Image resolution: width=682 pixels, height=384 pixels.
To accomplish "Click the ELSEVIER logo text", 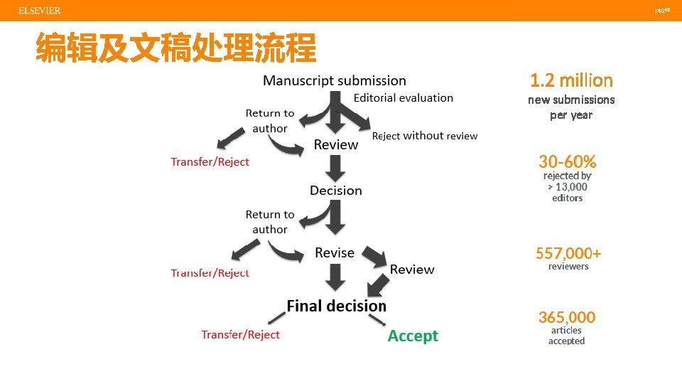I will [x=40, y=11].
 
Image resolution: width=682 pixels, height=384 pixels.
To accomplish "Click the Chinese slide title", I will [x=176, y=48].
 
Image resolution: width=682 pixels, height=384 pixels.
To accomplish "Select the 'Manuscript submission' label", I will [x=335, y=80].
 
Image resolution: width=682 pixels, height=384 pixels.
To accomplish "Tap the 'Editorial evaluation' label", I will [x=403, y=98].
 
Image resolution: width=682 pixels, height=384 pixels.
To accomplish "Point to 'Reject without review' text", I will [x=425, y=136].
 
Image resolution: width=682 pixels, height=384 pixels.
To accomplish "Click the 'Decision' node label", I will [x=336, y=191].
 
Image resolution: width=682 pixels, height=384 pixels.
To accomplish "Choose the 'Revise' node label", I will [x=335, y=253].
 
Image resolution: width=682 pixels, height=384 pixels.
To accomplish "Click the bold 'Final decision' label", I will [x=336, y=306].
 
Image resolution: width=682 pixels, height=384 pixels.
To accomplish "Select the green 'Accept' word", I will [x=413, y=336].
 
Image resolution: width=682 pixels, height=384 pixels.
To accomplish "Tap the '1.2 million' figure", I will [x=571, y=80].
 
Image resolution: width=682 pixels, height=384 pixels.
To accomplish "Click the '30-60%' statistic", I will [x=567, y=161].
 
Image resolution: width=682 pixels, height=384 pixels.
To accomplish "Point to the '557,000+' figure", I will [x=568, y=252].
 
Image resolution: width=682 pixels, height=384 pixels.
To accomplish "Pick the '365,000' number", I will [x=567, y=317].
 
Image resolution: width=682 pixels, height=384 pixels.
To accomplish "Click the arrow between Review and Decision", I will [x=336, y=169].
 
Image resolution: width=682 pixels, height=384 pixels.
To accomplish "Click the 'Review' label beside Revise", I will [x=412, y=270].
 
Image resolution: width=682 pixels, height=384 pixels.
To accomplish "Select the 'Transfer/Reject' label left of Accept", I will [x=240, y=335].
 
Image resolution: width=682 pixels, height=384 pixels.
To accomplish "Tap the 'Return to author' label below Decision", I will [x=270, y=222].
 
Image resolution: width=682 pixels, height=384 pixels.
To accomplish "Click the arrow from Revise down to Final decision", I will [x=336, y=277].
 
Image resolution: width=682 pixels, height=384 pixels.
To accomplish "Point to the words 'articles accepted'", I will [x=566, y=336].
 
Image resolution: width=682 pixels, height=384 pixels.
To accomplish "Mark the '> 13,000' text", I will [x=568, y=187].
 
